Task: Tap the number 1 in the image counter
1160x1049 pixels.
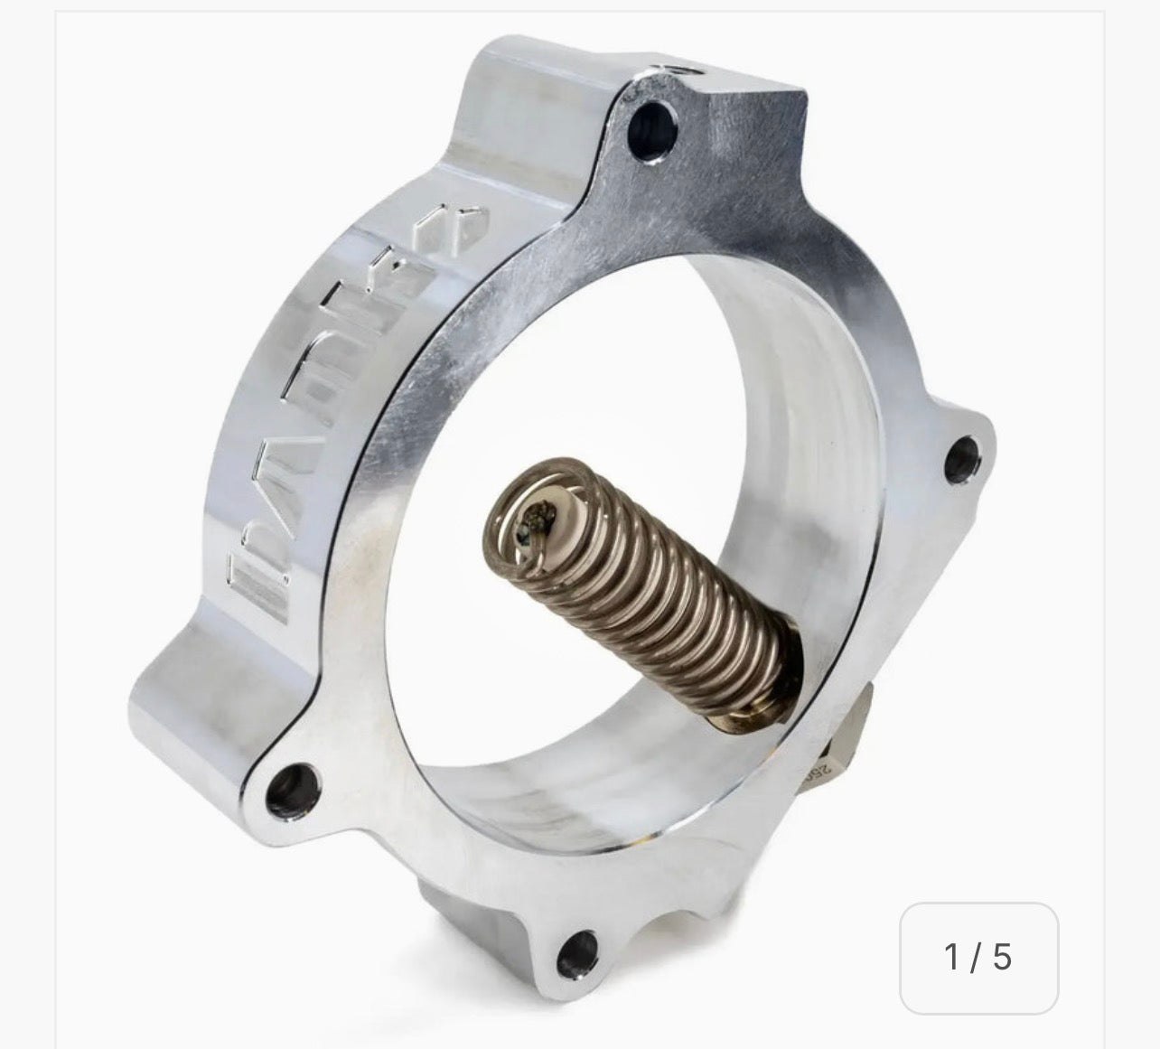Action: [x=951, y=956]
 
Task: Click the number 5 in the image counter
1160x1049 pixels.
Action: [x=1002, y=956]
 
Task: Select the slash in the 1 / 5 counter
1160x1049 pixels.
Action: [x=977, y=956]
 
